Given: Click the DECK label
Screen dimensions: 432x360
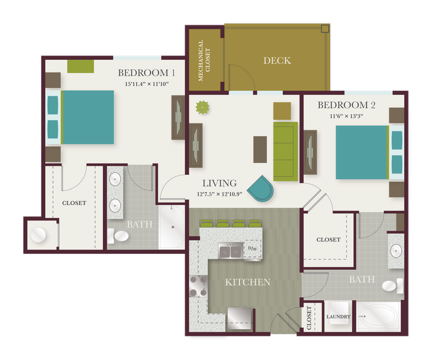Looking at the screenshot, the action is click(x=277, y=61).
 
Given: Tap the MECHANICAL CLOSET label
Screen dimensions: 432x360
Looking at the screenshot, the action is click(x=204, y=61).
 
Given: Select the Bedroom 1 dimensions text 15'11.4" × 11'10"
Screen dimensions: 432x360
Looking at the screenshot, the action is click(x=147, y=84).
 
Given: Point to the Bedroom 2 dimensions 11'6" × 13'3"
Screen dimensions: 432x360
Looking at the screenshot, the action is click(x=346, y=116).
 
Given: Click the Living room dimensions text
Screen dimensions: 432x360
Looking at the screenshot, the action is click(x=219, y=194).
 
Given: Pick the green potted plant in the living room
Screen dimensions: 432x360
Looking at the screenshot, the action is click(x=202, y=107).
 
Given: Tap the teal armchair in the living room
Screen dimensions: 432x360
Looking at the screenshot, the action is click(x=260, y=189).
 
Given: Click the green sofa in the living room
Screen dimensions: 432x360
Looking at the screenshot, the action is click(x=286, y=151).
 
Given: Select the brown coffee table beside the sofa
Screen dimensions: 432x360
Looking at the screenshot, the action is click(x=260, y=149).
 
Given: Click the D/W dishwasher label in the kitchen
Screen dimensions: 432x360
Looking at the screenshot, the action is click(x=252, y=248).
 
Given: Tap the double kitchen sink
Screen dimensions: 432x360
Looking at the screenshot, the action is click(x=231, y=251).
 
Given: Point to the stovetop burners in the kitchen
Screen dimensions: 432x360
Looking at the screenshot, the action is click(x=198, y=286).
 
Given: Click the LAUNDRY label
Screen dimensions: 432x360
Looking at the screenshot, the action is click(x=338, y=317).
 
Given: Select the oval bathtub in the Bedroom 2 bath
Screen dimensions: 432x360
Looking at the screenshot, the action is click(x=378, y=316).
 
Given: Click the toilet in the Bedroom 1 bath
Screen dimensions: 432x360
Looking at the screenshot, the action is click(x=118, y=236).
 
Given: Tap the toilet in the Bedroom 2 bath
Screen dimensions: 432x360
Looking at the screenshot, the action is click(x=393, y=286).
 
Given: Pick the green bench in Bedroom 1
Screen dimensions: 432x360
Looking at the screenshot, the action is click(x=81, y=67).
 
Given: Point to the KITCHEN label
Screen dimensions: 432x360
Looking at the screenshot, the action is click(x=247, y=282).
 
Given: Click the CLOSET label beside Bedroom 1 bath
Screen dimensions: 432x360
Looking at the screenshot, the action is click(x=74, y=203).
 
